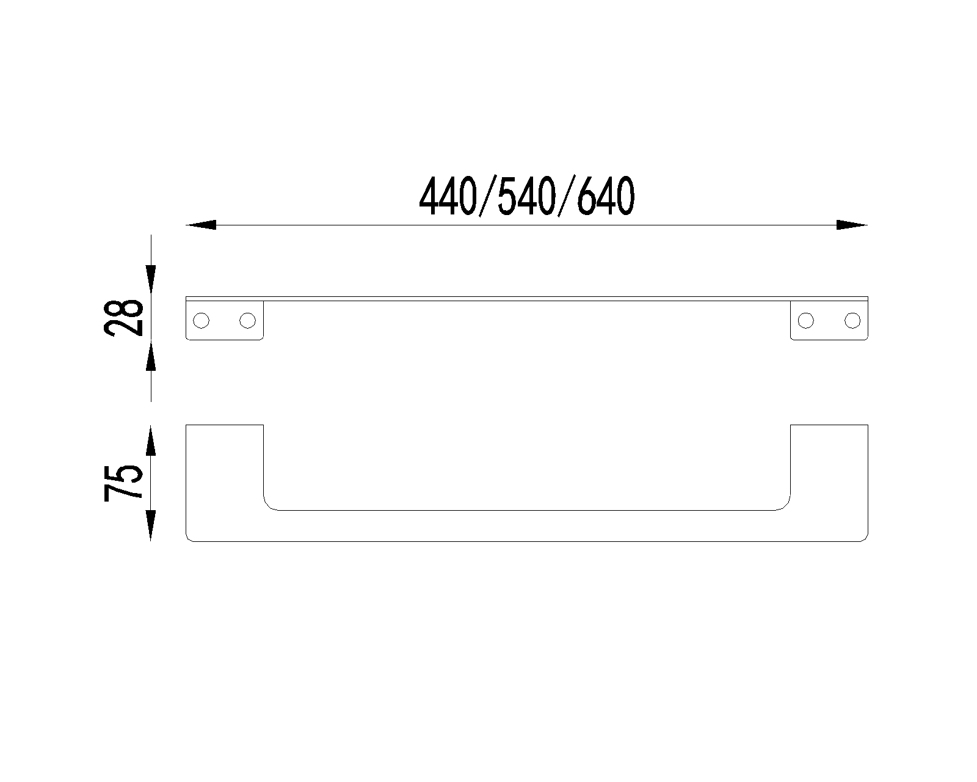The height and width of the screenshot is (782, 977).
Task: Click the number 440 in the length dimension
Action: [x=448, y=197]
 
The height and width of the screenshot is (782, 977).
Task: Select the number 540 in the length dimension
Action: [x=527, y=197]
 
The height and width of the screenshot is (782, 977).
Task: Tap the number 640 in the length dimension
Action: [x=606, y=197]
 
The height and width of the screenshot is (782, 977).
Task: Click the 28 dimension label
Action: [x=123, y=318]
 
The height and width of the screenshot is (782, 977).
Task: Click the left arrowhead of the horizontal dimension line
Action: [x=201, y=225]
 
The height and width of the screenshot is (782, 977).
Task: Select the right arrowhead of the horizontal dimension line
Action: [x=852, y=225]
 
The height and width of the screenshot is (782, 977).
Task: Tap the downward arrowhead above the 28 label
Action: [x=151, y=279]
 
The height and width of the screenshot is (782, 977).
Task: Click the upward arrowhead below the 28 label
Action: [x=151, y=356]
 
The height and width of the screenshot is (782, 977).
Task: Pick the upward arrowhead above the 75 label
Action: [x=151, y=440]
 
